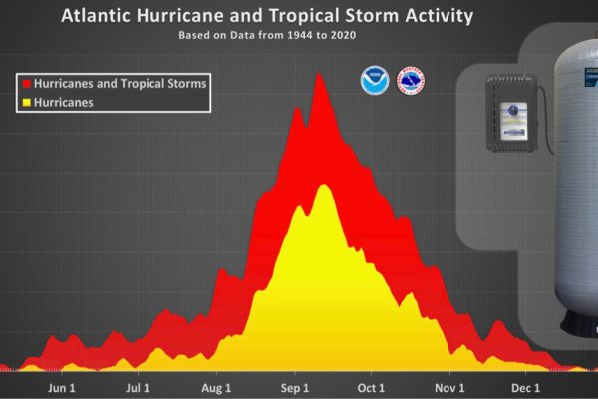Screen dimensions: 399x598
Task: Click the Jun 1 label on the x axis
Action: point(62,387)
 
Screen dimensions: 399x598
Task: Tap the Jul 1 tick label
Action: point(139,387)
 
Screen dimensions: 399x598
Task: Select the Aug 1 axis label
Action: point(216,387)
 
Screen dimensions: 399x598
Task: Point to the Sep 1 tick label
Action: point(294,387)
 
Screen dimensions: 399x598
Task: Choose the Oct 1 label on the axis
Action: point(372,387)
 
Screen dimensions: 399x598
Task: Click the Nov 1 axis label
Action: point(449,387)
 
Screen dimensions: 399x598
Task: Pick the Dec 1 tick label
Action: point(525,387)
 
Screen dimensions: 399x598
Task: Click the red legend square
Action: point(26,85)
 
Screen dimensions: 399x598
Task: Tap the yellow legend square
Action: point(26,103)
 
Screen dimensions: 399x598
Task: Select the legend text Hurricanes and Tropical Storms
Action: point(120,85)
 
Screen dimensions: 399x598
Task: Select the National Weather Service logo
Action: point(411,81)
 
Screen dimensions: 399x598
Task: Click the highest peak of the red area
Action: point(320,75)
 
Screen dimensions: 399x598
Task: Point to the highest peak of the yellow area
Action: point(323,186)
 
